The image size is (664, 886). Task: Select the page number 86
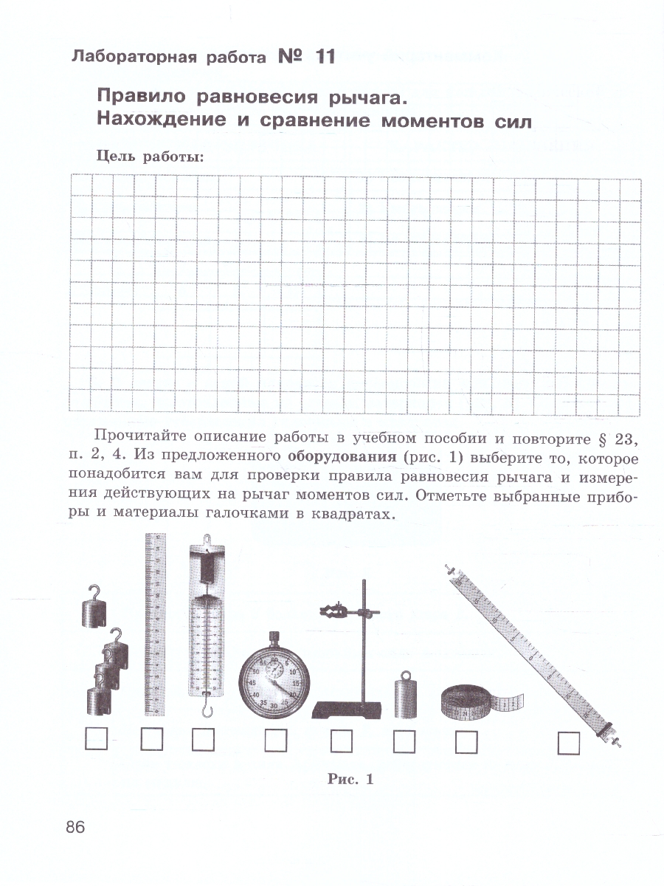75,827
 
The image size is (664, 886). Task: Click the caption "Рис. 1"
350,778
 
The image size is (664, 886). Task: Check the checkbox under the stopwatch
276,740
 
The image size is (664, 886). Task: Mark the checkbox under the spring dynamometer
202,740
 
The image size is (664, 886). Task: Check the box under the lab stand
341,740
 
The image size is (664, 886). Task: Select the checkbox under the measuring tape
466,741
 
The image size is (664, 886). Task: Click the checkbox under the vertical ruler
151,740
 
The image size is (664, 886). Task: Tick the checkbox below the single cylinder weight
404,741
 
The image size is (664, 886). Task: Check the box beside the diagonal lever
568,742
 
